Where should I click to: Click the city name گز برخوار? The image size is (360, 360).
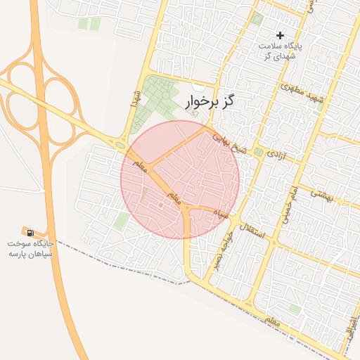(x=210, y=103)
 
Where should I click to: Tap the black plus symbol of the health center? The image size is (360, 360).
(x=280, y=35)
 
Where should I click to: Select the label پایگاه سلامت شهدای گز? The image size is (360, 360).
(x=280, y=51)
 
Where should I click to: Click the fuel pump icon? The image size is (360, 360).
(x=30, y=231)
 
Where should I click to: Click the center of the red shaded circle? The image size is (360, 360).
(x=180, y=179)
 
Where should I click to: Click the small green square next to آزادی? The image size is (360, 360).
(x=259, y=152)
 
